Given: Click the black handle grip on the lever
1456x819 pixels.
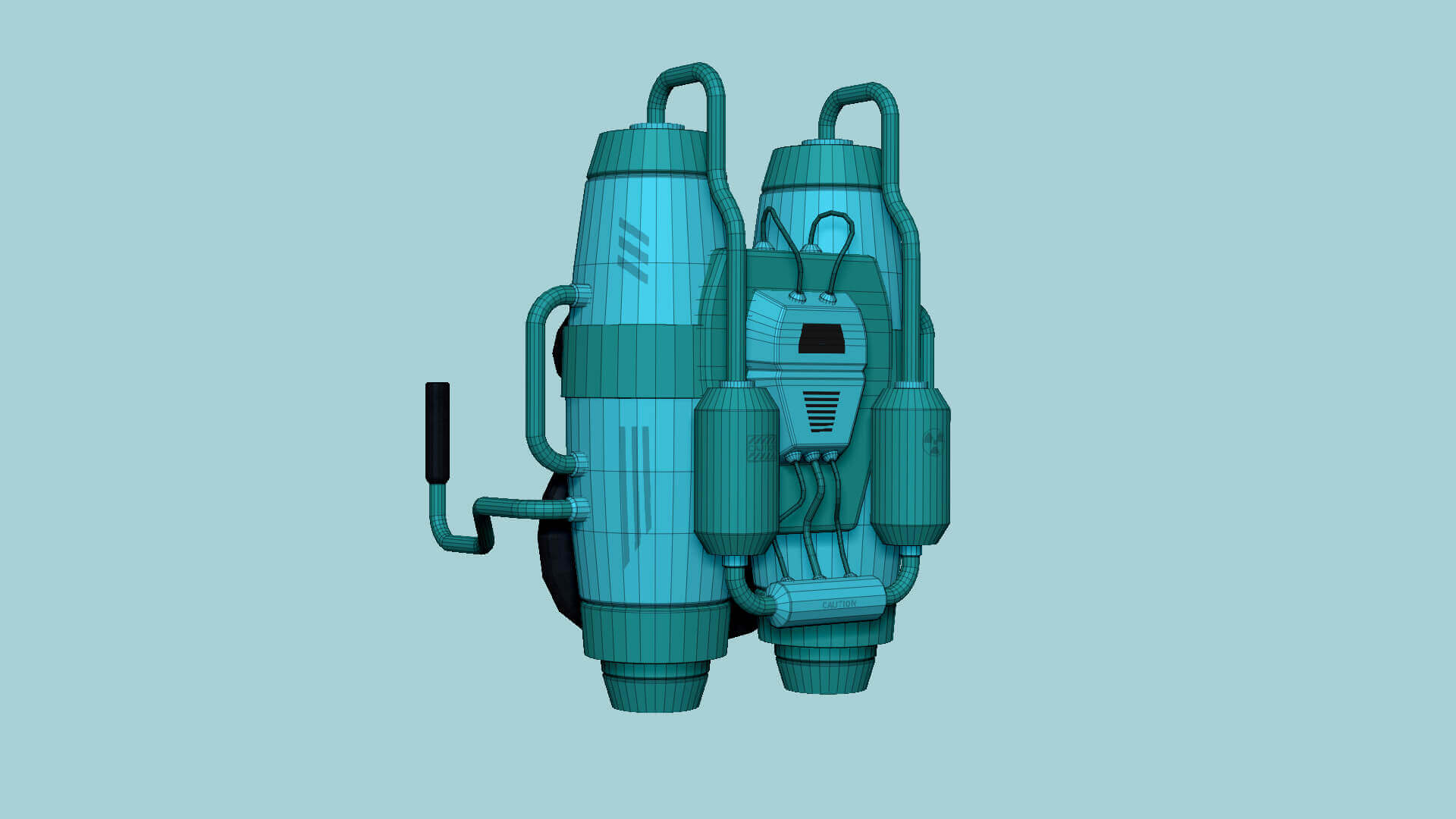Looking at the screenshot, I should pyautogui.click(x=437, y=432).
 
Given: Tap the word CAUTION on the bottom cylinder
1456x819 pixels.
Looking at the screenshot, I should pyautogui.click(x=839, y=604).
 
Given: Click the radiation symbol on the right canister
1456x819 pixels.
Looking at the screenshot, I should pyautogui.click(x=934, y=441).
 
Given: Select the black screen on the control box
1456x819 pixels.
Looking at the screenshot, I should pyautogui.click(x=822, y=338).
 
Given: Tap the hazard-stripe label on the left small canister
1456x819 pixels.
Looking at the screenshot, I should pyautogui.click(x=761, y=447).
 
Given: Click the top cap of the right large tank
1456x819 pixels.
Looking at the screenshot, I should pyautogui.click(x=823, y=167).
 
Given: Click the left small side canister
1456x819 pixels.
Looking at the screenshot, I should pyautogui.click(x=734, y=470).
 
